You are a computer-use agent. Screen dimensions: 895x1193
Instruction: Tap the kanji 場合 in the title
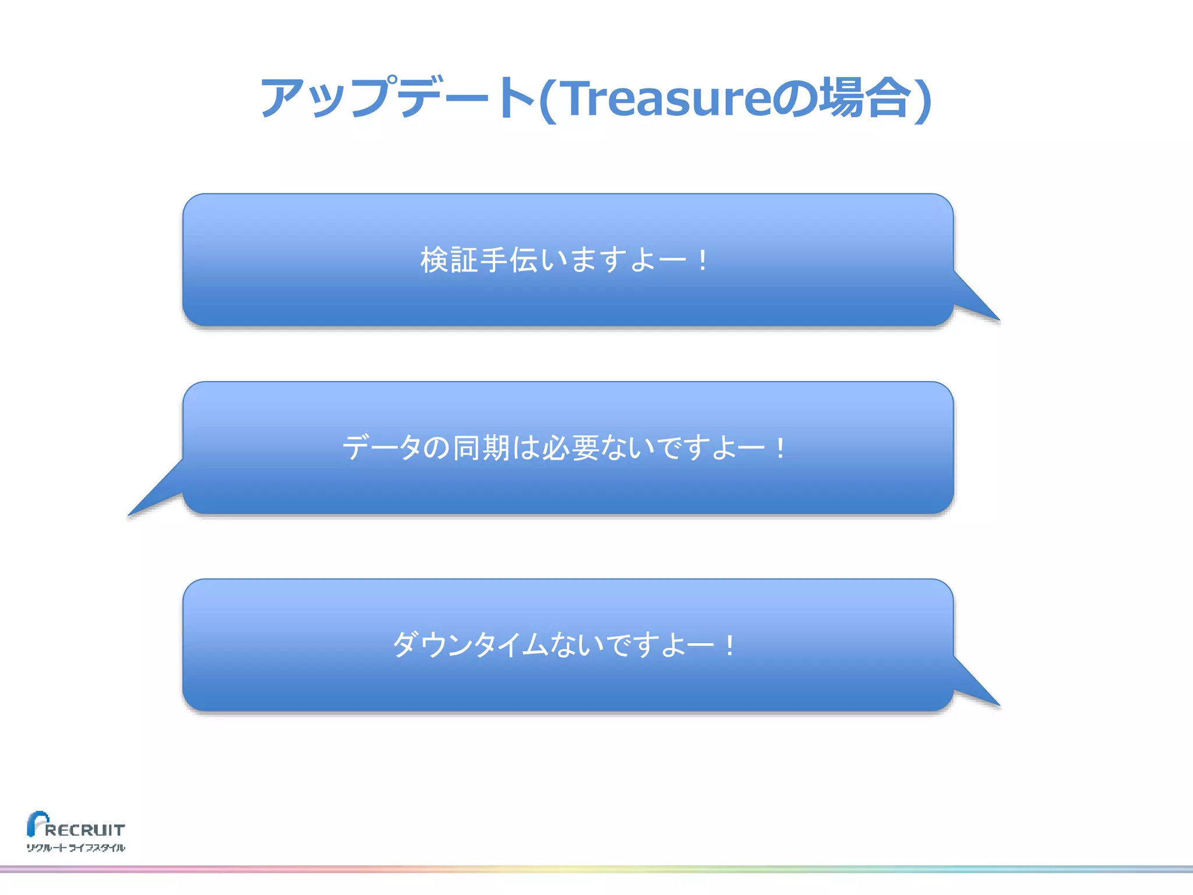864,98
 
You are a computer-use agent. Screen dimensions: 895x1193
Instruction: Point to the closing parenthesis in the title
923,100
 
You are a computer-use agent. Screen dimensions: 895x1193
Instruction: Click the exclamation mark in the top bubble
703,260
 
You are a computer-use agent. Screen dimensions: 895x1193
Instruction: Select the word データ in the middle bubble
382,448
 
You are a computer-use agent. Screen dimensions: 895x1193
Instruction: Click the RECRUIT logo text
85,830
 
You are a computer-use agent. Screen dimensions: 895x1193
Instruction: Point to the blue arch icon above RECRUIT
36,822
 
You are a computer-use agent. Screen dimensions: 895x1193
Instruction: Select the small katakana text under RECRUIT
76,848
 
